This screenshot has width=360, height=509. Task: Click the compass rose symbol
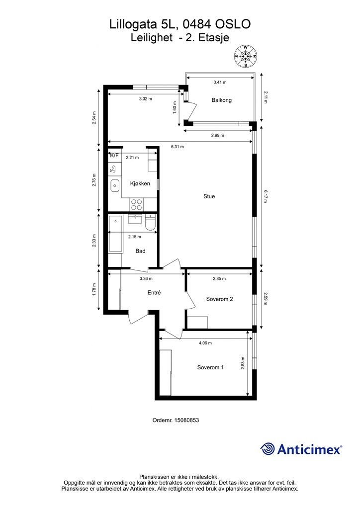246,56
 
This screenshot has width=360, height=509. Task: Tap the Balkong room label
221,100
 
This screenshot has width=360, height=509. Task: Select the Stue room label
209,196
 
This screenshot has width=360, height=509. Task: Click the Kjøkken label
140,183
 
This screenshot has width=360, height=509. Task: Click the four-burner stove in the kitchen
136,204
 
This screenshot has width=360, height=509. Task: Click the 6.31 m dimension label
177,147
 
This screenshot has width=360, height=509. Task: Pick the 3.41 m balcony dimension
220,83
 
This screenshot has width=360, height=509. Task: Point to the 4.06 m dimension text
205,343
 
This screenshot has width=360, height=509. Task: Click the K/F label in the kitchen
114,156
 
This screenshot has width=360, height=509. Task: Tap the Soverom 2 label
219,299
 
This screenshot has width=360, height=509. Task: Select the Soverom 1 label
210,367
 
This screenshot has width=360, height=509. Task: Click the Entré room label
154,292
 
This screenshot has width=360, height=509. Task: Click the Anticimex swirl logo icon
267,449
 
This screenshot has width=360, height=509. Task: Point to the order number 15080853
186,420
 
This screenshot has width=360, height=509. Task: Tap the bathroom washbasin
134,220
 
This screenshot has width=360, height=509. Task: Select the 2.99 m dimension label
217,135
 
